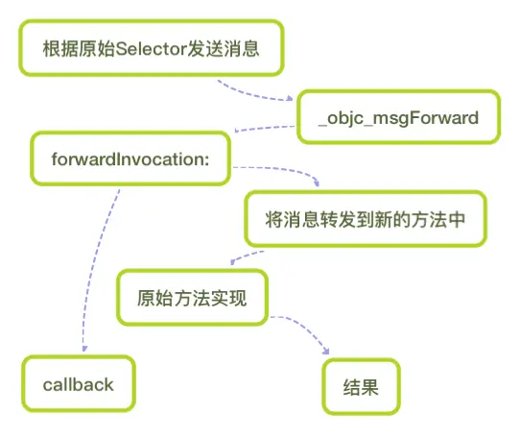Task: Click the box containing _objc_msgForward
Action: (x=398, y=117)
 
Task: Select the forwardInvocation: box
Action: (x=130, y=158)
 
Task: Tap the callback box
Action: (x=79, y=384)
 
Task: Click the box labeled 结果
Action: (x=361, y=386)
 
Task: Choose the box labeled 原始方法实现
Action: (x=192, y=298)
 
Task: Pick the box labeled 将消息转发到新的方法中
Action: (x=366, y=219)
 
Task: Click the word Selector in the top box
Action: (x=152, y=49)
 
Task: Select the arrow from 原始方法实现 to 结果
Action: (x=303, y=328)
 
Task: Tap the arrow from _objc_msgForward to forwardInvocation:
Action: (x=264, y=128)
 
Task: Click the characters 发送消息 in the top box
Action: (x=224, y=48)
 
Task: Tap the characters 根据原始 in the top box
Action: (x=80, y=48)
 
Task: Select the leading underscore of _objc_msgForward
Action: (x=322, y=125)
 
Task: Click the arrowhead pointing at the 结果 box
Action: (x=326, y=351)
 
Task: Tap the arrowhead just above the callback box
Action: (x=84, y=349)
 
